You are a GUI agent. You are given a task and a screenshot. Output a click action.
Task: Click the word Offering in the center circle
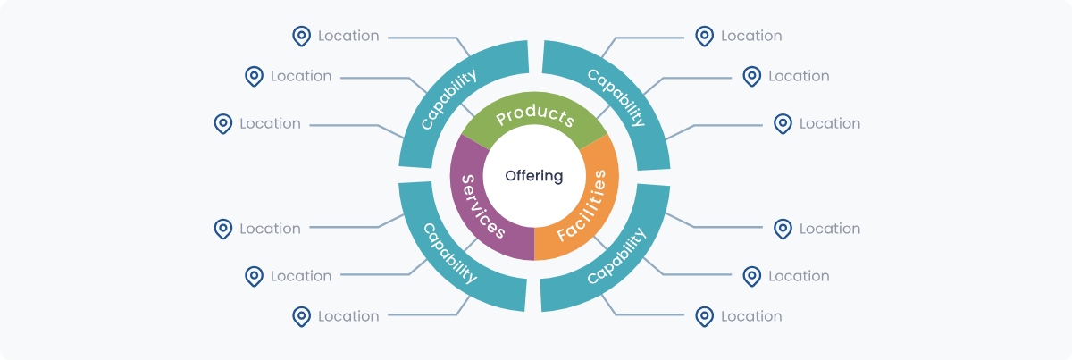[x=534, y=176]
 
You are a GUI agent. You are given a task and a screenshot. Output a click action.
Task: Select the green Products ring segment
[x=534, y=118]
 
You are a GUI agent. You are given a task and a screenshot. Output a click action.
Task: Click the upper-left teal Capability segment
[x=447, y=98]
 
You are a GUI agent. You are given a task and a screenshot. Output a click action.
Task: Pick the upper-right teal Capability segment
[x=616, y=95]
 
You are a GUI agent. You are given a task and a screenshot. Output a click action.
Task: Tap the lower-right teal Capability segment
[x=616, y=256]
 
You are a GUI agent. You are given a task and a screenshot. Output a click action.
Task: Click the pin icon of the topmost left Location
[x=302, y=36]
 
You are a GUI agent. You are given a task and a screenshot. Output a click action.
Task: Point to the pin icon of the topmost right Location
[x=705, y=36]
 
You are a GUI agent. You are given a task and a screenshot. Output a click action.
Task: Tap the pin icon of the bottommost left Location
[x=302, y=315]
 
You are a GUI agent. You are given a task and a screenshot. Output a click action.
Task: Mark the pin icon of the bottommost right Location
[x=705, y=315]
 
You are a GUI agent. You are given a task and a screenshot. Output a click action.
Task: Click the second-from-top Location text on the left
[x=301, y=76]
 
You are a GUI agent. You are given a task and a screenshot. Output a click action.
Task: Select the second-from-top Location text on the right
[x=799, y=76]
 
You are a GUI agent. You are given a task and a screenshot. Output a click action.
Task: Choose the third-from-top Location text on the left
[x=270, y=123]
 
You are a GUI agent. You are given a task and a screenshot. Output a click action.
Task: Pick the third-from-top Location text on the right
[x=830, y=123]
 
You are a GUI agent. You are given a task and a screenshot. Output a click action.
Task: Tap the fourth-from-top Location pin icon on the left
[x=223, y=229]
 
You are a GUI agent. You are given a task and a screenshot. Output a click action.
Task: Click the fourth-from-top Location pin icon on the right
[x=783, y=229]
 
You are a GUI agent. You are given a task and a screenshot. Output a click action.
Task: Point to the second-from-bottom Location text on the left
[x=301, y=276]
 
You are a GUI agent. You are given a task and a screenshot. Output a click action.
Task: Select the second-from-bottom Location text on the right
[x=799, y=276]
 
